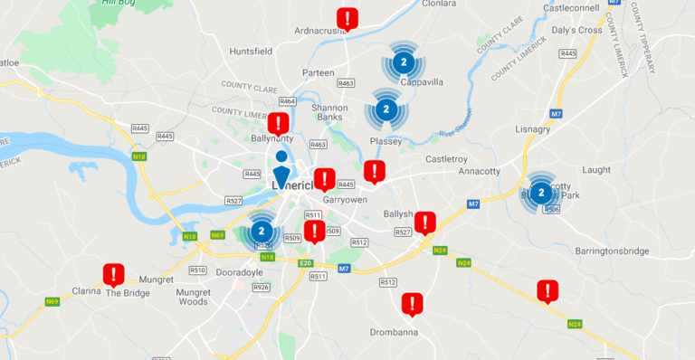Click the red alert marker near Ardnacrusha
(x=347, y=18)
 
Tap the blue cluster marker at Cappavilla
(x=405, y=62)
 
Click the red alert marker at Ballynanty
(x=280, y=124)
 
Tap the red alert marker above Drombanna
(x=413, y=304)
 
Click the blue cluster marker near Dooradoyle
(x=262, y=231)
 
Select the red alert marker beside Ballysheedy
(x=424, y=223)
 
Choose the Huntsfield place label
(x=252, y=52)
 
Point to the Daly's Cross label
(x=576, y=30)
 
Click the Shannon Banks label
(x=328, y=112)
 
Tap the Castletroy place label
(x=446, y=158)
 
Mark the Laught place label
(x=597, y=169)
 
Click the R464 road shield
(x=289, y=101)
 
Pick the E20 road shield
(x=306, y=262)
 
